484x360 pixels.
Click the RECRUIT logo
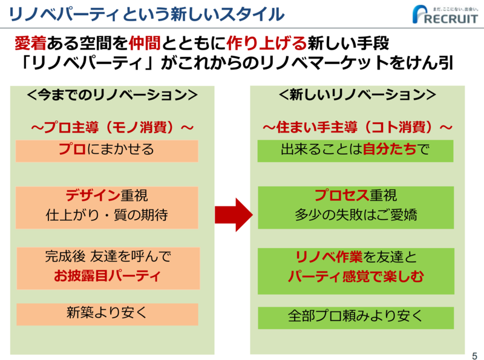[x=445, y=14]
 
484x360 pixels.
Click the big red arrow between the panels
[x=234, y=215]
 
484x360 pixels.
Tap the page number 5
[x=474, y=356]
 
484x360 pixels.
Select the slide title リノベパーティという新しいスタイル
[x=146, y=14]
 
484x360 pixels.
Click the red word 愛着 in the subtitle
[x=31, y=43]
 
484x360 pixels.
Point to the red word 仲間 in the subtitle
[x=145, y=43]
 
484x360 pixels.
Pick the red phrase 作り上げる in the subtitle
[x=266, y=43]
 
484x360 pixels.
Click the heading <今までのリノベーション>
[x=112, y=95]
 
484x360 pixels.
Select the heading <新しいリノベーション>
[x=357, y=94]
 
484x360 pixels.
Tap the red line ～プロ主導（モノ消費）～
[x=112, y=127]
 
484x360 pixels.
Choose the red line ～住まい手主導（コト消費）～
[x=357, y=127]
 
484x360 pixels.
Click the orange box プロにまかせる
[x=107, y=151]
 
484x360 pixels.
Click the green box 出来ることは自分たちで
[x=355, y=151]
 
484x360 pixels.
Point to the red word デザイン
[x=93, y=195]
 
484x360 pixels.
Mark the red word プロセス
[x=342, y=195]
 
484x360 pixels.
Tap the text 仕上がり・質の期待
[x=107, y=215]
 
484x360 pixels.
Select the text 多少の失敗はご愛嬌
[x=356, y=215]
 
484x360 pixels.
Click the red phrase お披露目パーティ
[x=107, y=276]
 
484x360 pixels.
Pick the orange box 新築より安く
[x=107, y=314]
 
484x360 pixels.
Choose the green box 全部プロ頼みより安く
[x=356, y=318]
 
